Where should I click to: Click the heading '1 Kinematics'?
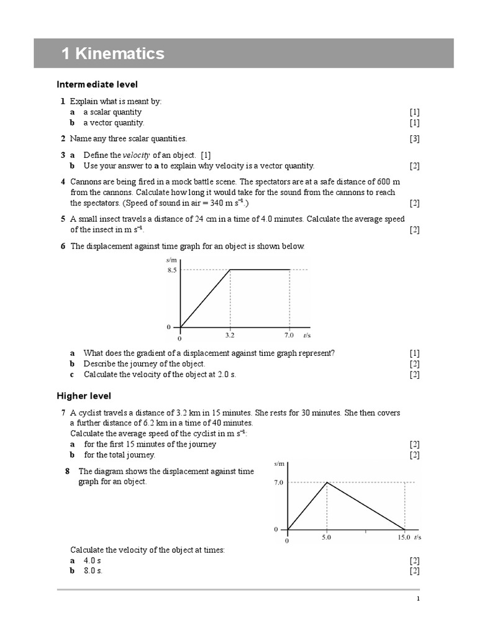pyautogui.click(x=113, y=53)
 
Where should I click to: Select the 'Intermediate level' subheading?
pyautogui.click(x=97, y=84)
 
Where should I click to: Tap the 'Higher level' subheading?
pyautogui.click(x=84, y=396)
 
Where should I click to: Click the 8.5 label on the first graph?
pyautogui.click(x=171, y=270)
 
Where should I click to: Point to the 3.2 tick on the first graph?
pyautogui.click(x=230, y=335)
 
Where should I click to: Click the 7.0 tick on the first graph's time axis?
pyautogui.click(x=289, y=335)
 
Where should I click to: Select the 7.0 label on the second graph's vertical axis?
pyautogui.click(x=278, y=482)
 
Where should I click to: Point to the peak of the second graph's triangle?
pyautogui.click(x=327, y=482)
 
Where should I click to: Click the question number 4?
pyautogui.click(x=63, y=181)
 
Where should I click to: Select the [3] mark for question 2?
pyautogui.click(x=414, y=139)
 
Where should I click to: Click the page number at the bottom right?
pyautogui.click(x=418, y=599)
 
